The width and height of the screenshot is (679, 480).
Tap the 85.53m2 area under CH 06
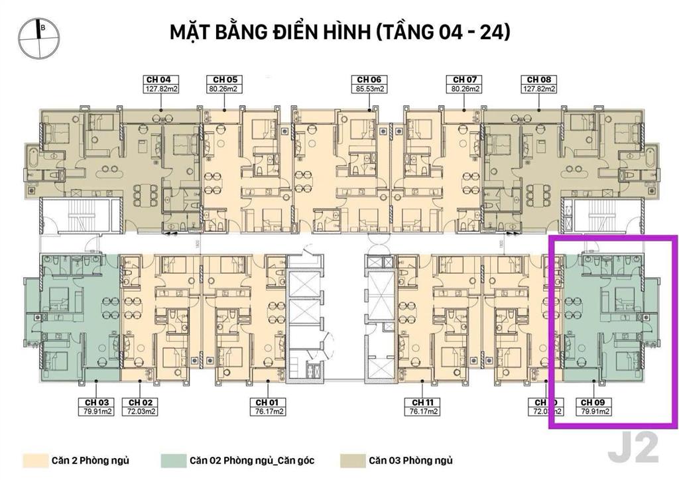click(369, 88)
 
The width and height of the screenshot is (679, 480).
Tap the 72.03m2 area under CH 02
click(141, 411)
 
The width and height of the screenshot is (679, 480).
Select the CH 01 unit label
click(267, 402)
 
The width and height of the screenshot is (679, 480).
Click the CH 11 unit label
click(423, 402)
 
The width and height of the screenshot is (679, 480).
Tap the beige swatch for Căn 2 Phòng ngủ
click(32, 460)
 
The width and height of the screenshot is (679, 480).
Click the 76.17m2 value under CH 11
click(423, 411)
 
